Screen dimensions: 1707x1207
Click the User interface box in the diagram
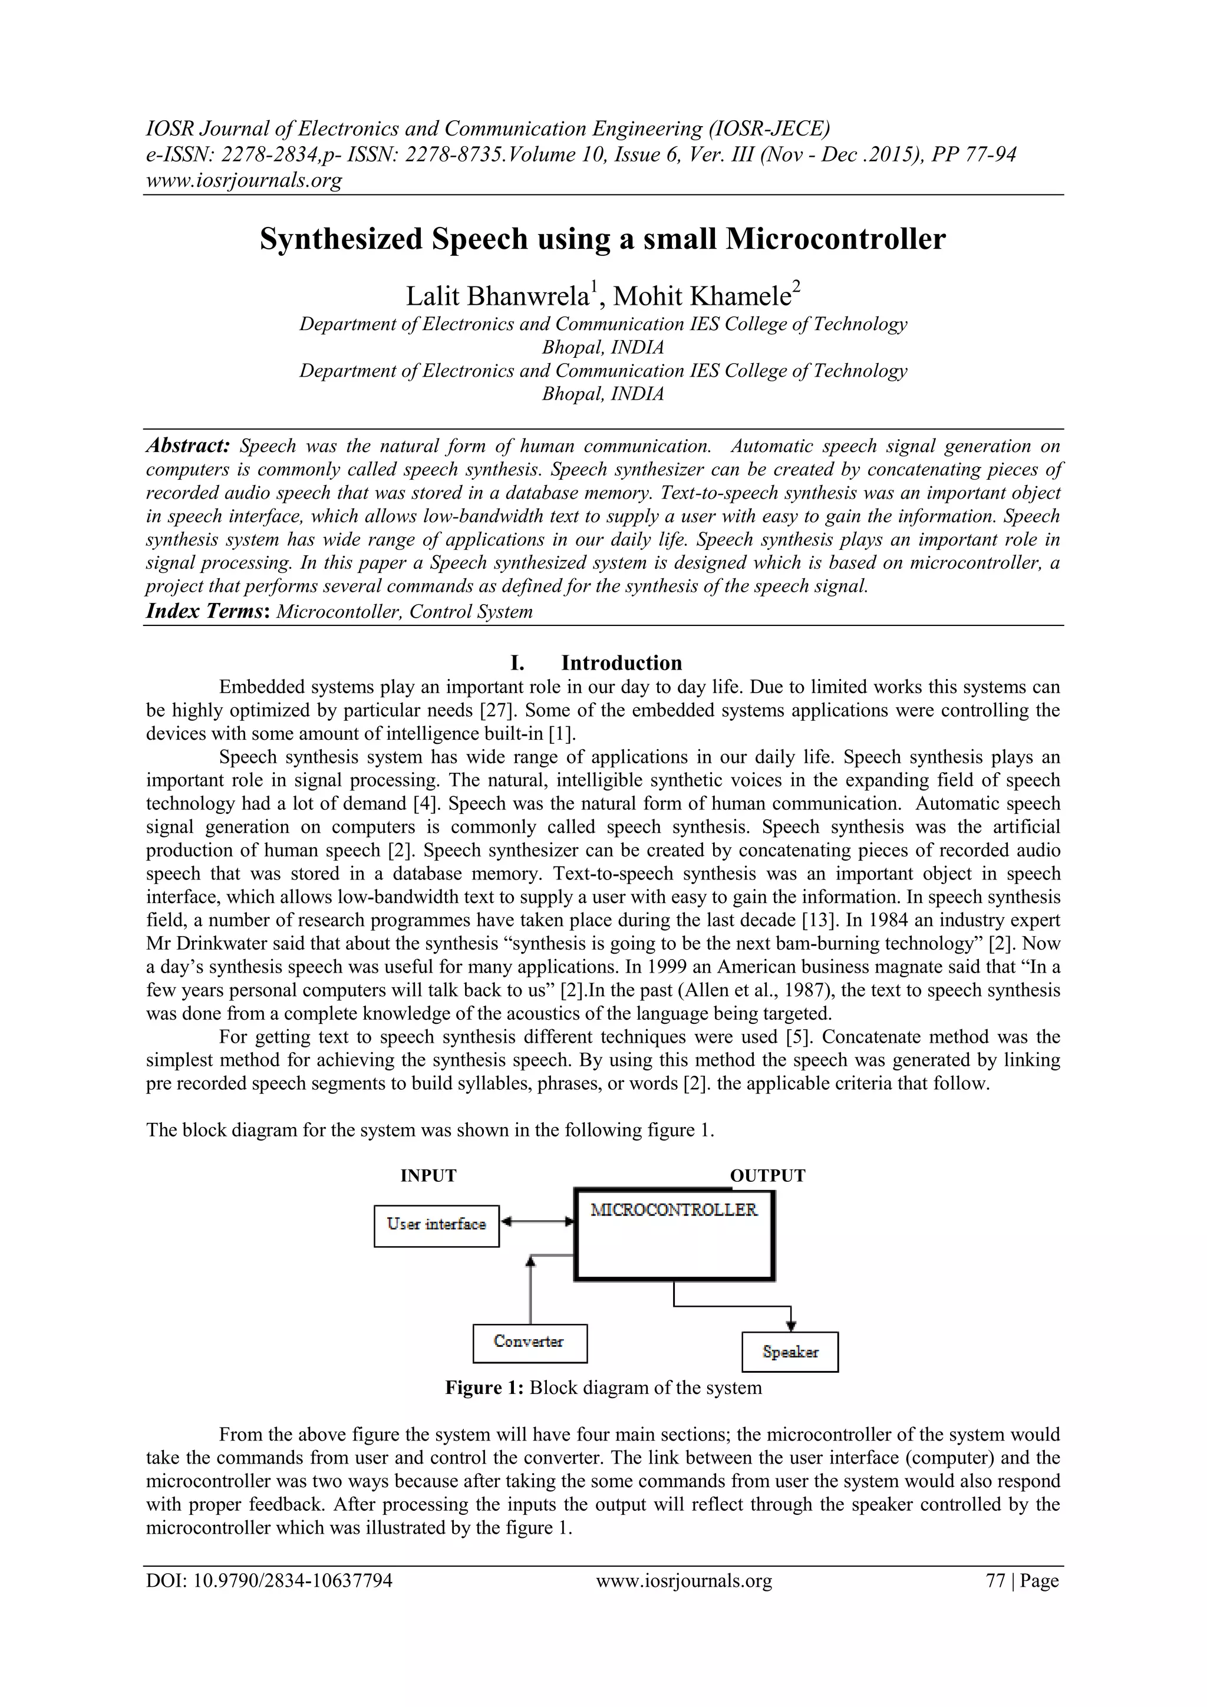(x=436, y=1226)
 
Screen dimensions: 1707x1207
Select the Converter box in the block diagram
(x=529, y=1343)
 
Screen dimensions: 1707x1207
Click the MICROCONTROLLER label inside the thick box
(x=674, y=1210)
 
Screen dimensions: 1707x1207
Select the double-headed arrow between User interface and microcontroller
(x=537, y=1221)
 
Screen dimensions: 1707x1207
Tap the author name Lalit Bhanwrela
(x=496, y=296)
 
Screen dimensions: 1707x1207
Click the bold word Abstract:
(x=188, y=446)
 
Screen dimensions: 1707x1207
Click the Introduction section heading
(x=621, y=663)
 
